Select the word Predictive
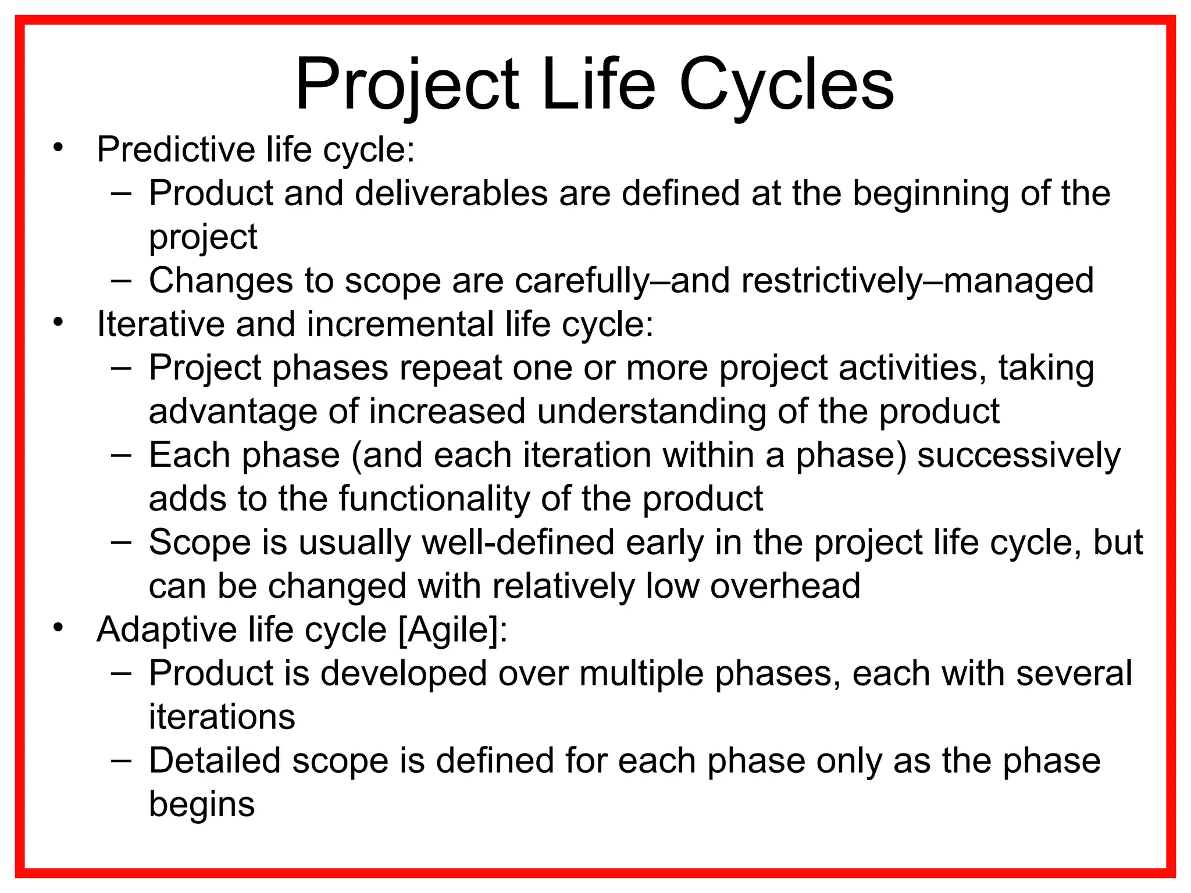point(175,149)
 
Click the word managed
point(1018,281)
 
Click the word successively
point(1018,456)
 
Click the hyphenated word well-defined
point(518,542)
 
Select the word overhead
point(785,585)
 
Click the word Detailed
point(215,760)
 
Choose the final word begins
point(202,804)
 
